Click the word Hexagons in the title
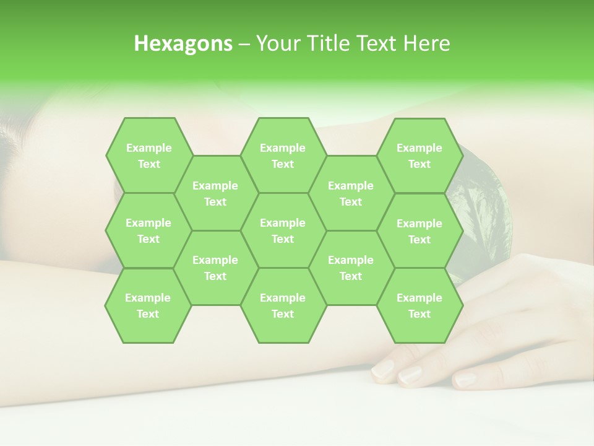(x=183, y=43)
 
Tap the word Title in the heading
(x=338, y=43)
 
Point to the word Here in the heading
(x=426, y=43)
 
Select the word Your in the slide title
(x=277, y=43)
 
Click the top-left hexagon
(x=148, y=155)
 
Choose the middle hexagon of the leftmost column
(x=148, y=230)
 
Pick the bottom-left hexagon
(x=148, y=305)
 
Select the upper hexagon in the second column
(x=215, y=193)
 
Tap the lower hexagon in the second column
(x=215, y=268)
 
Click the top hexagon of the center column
(x=283, y=155)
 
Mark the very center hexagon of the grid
(x=283, y=230)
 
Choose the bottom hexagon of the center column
(x=283, y=305)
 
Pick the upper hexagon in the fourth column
(x=351, y=193)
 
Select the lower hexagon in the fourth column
(x=351, y=268)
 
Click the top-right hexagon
(x=420, y=155)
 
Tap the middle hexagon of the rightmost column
(x=420, y=231)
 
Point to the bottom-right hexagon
(x=420, y=305)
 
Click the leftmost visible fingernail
(x=382, y=370)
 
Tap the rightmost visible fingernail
(x=465, y=380)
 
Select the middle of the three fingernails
(x=410, y=374)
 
